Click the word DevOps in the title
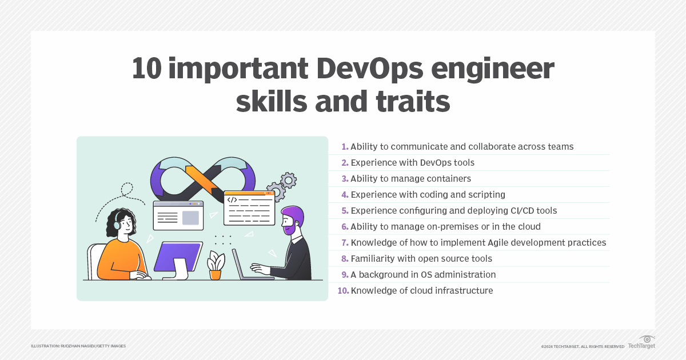[x=370, y=69]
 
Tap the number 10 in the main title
[x=147, y=68]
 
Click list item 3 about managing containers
[x=406, y=178]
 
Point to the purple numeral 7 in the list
[x=345, y=243]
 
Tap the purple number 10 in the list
[x=344, y=290]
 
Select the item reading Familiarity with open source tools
[x=417, y=259]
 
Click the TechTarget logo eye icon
[x=647, y=339]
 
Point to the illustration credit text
[x=78, y=346]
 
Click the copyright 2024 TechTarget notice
[x=583, y=346]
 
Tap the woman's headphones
[x=117, y=222]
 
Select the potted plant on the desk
[x=216, y=265]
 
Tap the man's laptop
[x=251, y=265]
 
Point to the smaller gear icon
[x=288, y=181]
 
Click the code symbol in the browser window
[x=232, y=200]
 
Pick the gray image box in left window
[x=190, y=218]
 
